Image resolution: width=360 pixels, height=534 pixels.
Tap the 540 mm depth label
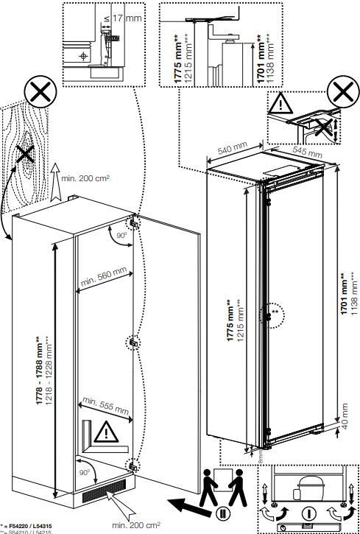(x=230, y=150)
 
